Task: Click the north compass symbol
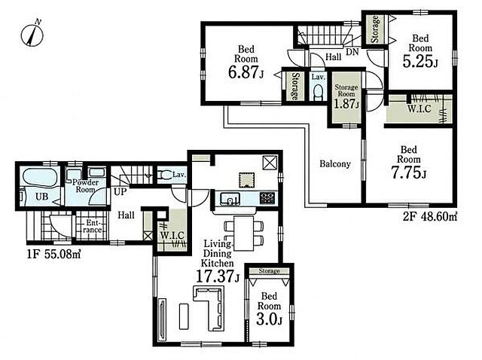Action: (x=32, y=34)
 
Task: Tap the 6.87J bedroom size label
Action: (x=246, y=73)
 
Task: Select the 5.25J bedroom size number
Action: (x=420, y=62)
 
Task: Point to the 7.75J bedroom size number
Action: (x=408, y=173)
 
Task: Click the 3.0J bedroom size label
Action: (x=269, y=319)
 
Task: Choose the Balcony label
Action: (x=335, y=164)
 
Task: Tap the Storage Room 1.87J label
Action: (x=346, y=97)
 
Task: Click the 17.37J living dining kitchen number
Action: (x=218, y=276)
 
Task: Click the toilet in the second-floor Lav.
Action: (x=318, y=92)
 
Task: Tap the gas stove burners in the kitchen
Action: (x=267, y=198)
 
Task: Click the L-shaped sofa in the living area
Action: (x=209, y=308)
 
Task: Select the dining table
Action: (x=244, y=233)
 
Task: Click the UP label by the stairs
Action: (x=120, y=192)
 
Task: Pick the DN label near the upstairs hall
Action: (x=352, y=52)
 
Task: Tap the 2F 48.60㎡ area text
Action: (x=430, y=218)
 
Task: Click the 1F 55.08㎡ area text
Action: (x=53, y=255)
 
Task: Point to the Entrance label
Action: (x=93, y=226)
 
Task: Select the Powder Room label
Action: (x=85, y=186)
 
